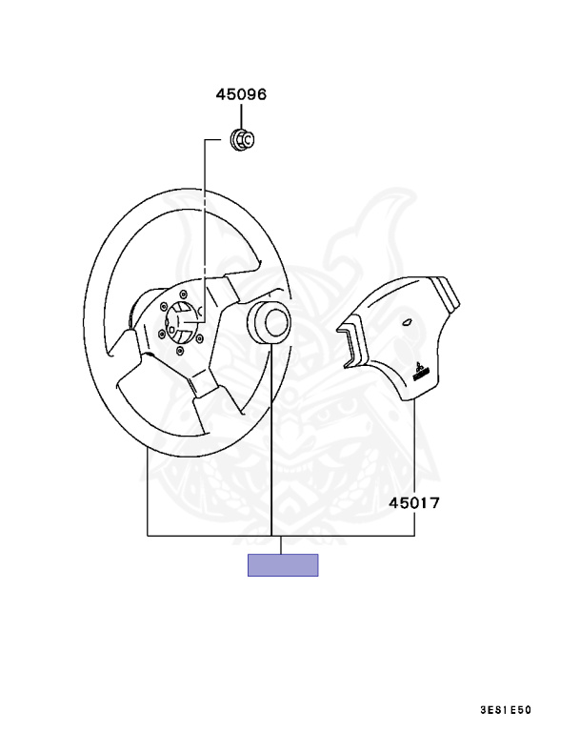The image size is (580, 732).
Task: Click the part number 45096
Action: point(241,94)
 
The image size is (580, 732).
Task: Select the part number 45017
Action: point(414,503)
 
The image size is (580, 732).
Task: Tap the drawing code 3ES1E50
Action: point(506,710)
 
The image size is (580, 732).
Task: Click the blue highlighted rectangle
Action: point(283,565)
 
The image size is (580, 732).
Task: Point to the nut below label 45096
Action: point(243,138)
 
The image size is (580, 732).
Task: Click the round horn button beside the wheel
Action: point(269,322)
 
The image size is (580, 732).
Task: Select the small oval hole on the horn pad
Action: point(408,321)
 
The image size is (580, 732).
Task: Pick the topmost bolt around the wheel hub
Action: point(183,294)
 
